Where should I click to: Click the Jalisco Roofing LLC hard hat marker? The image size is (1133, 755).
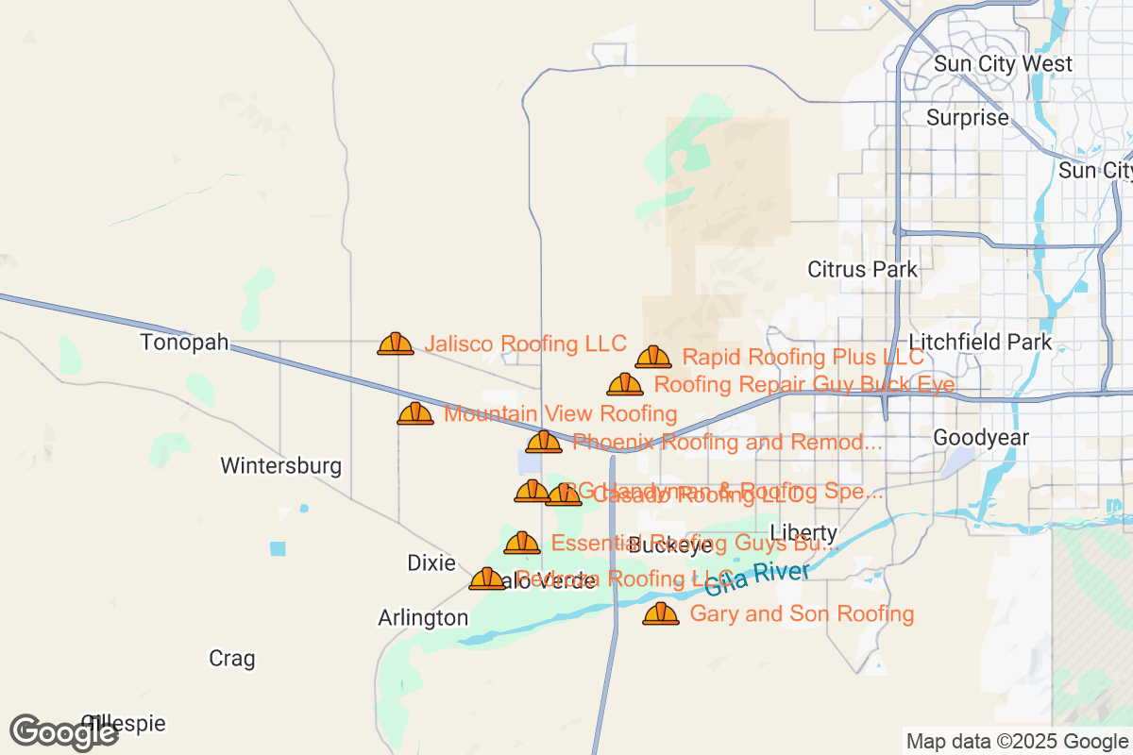point(396,344)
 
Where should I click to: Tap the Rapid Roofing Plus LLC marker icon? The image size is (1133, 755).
point(653,357)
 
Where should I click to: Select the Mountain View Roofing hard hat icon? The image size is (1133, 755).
point(415,413)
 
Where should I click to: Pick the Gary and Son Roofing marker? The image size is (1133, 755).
point(661,613)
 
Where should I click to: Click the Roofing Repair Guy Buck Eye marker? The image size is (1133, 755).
point(625,384)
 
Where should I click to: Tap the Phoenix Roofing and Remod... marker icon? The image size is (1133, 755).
point(544,442)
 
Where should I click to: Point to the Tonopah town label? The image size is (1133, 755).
point(185,342)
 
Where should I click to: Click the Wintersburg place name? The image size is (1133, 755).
point(280,465)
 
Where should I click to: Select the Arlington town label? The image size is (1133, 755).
point(423,618)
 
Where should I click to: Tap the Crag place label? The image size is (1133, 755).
point(232,658)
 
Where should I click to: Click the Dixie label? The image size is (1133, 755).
point(431,562)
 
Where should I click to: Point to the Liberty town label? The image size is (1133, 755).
point(803,531)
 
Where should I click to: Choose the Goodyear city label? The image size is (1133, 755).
point(980,437)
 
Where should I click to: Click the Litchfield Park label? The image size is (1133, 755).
point(980,342)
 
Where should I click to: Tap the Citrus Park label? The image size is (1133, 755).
point(862,270)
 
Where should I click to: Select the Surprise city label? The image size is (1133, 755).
point(968,118)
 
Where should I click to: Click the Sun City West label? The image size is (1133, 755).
point(1003,64)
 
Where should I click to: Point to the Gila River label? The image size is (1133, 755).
point(757,578)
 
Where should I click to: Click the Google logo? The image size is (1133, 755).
point(64,732)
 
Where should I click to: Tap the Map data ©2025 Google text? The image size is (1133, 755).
point(1018,741)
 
